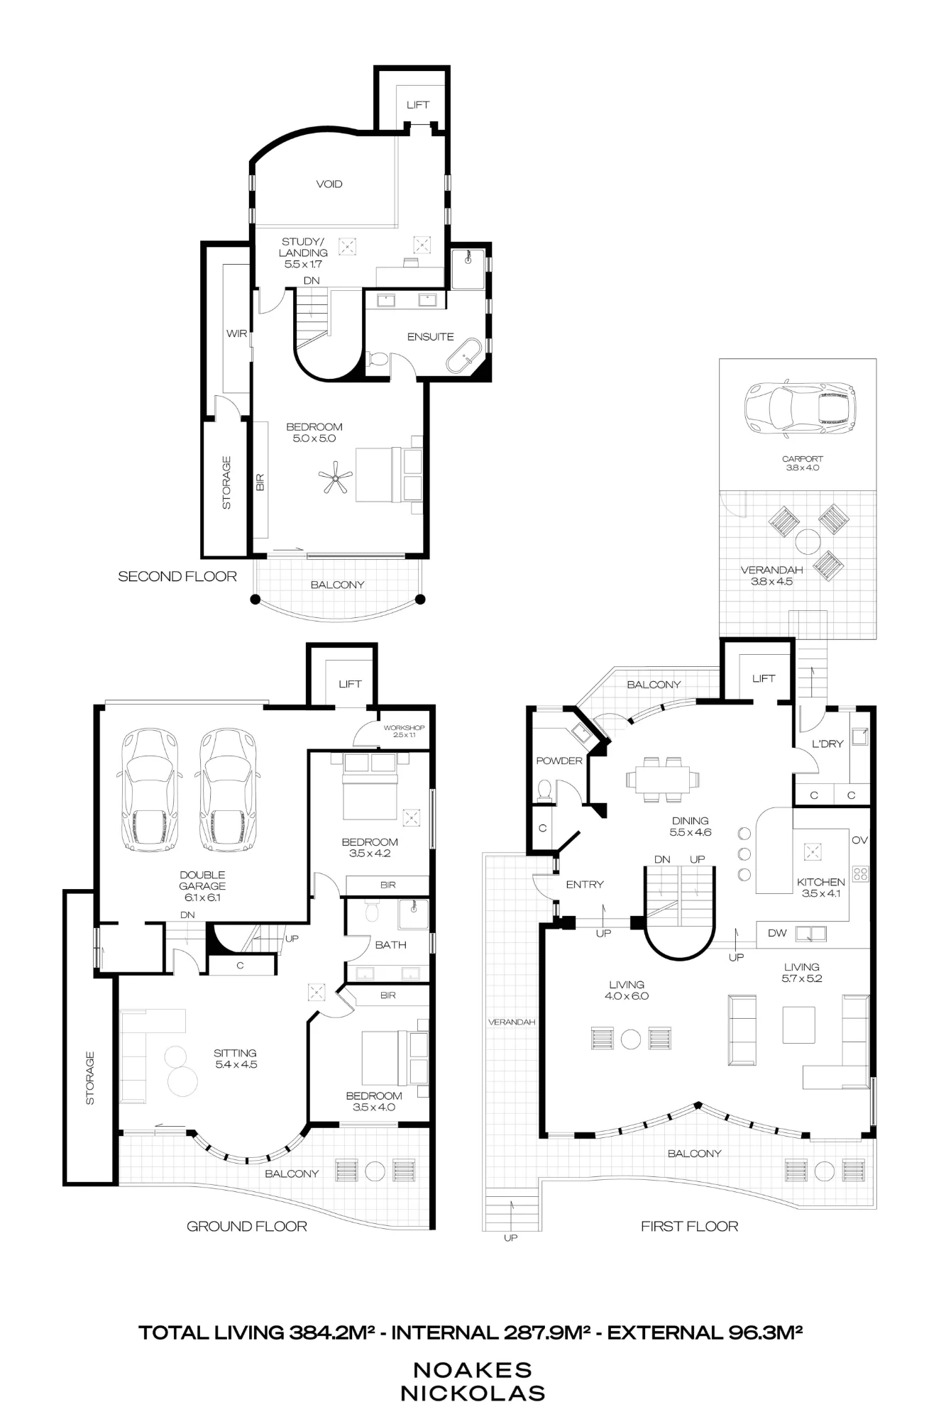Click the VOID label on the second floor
pos(329,184)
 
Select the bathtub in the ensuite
pos(463,355)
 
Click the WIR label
pos(236,333)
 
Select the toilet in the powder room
pos(545,790)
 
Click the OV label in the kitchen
pos(859,840)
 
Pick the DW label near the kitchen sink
pos(777,933)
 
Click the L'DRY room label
pos(827,744)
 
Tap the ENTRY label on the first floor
pos(585,884)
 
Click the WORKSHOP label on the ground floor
pos(404,728)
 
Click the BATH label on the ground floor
pos(390,944)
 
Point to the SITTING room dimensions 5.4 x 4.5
pos(236,1064)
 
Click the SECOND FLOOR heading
pos(177,576)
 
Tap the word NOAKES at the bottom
pos(473,1369)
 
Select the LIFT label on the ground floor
pos(350,684)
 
